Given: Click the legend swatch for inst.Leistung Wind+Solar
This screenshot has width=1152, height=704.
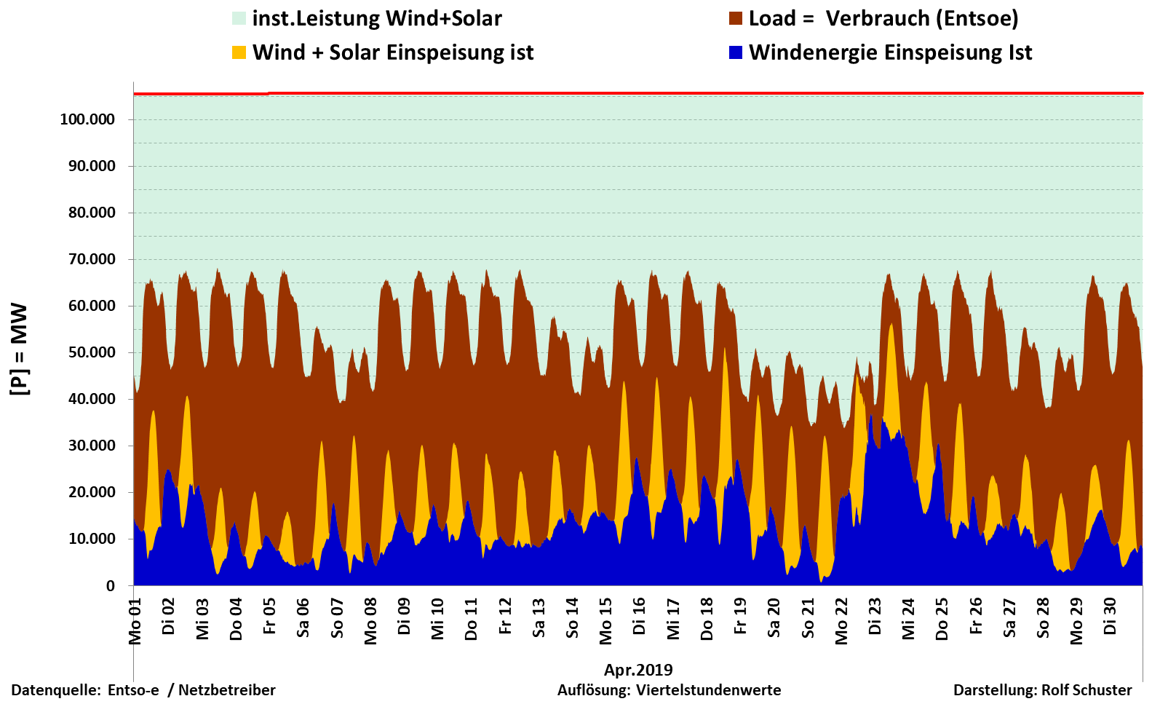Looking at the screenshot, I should coord(239,18).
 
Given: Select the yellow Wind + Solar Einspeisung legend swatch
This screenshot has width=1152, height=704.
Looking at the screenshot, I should coord(239,52).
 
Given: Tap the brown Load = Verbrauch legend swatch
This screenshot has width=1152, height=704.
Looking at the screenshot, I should coord(736,18).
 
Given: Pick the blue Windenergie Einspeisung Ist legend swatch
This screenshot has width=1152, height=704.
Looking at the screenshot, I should coord(736,52).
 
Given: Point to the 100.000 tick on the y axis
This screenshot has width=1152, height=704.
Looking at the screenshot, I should coord(87,119).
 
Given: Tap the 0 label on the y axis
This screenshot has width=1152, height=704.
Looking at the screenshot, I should coord(111,585).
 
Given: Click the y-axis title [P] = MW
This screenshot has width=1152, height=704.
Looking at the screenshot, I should coord(19,349).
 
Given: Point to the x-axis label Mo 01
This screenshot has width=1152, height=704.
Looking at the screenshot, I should coord(135,621).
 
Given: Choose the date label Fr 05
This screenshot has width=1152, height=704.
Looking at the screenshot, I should coord(270,616).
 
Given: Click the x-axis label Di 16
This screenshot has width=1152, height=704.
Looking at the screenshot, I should coord(640,616).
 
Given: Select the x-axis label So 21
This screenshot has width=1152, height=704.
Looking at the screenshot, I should coord(808,618).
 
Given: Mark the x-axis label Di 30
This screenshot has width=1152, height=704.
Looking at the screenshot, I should coord(1111,616).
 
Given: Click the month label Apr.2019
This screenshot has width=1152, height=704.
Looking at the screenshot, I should coord(638,670).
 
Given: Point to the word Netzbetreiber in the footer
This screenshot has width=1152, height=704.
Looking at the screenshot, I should coord(227,690).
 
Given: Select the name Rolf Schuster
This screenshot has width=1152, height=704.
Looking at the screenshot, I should coord(1087,690).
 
